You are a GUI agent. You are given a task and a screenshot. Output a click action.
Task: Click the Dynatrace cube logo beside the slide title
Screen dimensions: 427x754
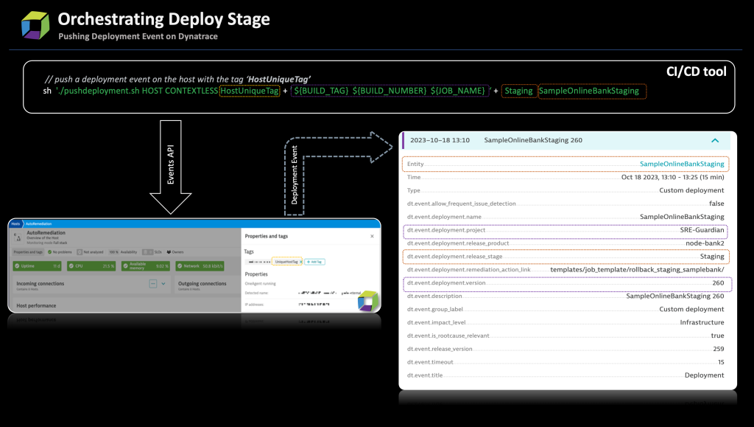(35, 24)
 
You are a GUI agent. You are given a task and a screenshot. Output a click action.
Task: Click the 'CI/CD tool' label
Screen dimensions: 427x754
(695, 71)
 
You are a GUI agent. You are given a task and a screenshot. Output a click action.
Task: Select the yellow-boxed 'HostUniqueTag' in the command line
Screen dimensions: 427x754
(250, 91)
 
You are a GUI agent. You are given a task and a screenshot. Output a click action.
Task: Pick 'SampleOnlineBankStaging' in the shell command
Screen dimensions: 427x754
(592, 91)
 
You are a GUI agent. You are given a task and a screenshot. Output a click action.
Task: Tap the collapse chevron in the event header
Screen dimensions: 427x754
(714, 140)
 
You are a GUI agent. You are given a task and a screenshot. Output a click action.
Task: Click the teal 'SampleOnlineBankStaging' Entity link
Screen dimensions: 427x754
(682, 164)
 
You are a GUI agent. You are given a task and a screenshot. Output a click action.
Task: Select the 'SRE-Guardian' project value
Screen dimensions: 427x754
(700, 230)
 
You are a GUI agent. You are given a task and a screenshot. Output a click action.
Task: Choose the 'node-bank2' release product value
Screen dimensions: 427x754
(704, 243)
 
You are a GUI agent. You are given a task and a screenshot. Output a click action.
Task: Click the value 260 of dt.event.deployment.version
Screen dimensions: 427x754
(717, 283)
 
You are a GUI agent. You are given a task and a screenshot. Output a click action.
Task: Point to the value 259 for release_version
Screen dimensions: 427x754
(717, 349)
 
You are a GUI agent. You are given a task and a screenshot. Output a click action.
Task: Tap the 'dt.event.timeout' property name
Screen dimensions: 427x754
(430, 362)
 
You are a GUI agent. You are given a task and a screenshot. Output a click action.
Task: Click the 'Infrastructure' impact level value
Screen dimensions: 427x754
(702, 322)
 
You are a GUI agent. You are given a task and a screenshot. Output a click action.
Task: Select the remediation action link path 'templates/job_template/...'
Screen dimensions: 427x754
(637, 270)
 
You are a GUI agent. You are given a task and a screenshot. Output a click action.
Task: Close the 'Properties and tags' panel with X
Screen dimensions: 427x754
(372, 236)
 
